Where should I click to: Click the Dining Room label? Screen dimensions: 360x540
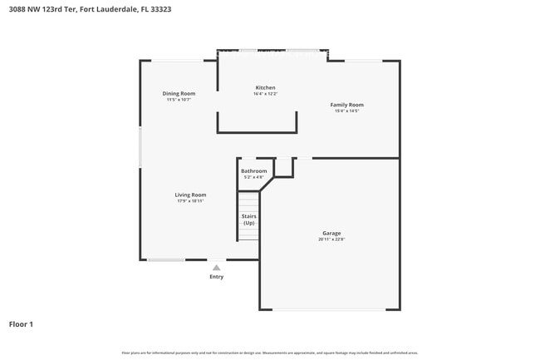click(x=179, y=94)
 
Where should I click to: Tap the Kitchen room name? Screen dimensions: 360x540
click(x=265, y=87)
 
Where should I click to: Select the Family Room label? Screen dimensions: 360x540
click(x=346, y=105)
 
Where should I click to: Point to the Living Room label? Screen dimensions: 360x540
click(x=190, y=195)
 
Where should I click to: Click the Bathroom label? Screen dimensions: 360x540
click(x=253, y=171)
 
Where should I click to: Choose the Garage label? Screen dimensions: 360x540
click(x=331, y=233)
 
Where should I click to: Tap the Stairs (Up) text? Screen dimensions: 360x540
click(x=248, y=219)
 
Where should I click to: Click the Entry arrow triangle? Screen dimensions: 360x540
click(x=216, y=268)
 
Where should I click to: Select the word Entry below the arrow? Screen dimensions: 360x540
click(x=216, y=277)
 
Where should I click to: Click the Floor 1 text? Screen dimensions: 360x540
click(x=21, y=324)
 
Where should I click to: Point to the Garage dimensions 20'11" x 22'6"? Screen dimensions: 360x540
click(x=331, y=239)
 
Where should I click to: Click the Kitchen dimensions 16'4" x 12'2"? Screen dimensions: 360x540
click(x=265, y=94)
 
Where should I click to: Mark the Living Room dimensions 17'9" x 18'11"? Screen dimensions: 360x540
click(x=190, y=201)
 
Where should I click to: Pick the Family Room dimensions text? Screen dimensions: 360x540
click(x=346, y=111)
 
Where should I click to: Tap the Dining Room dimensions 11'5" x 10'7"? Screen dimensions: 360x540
click(x=179, y=100)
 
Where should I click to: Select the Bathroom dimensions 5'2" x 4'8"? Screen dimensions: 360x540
click(x=253, y=177)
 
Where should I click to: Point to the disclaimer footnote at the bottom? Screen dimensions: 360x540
click(x=270, y=353)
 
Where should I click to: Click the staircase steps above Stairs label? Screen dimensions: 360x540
click(x=248, y=201)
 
